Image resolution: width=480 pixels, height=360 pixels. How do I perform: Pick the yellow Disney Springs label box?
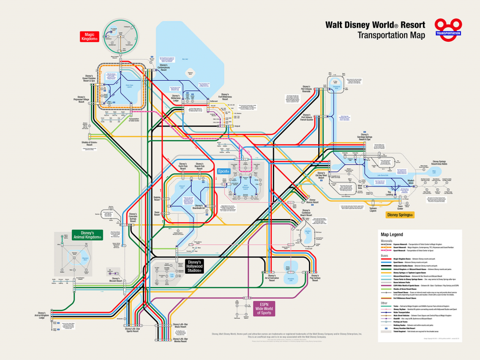click(x=400, y=215)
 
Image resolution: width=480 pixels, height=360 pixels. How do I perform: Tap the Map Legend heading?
click(x=392, y=234)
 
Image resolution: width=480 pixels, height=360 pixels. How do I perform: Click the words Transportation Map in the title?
click(x=391, y=35)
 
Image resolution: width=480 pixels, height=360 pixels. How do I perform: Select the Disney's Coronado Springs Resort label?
click(x=137, y=217)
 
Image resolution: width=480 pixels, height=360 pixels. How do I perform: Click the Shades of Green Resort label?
click(x=89, y=143)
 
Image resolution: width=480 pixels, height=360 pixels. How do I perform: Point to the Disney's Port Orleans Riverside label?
click(x=306, y=89)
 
